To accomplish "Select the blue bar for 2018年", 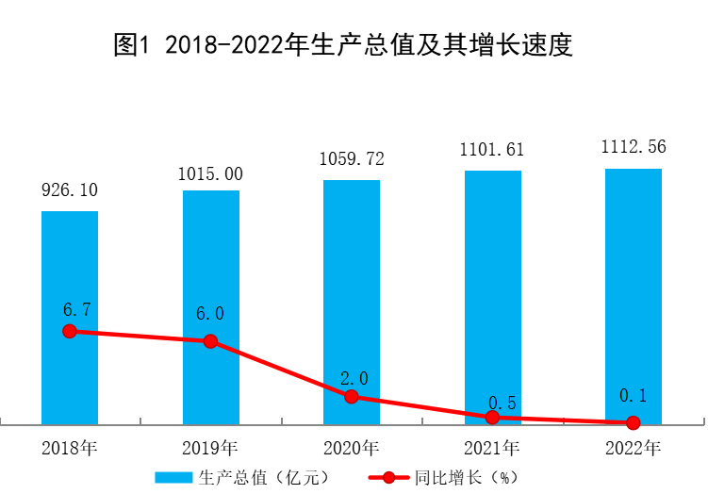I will pos(70,273).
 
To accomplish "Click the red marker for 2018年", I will pos(70,331).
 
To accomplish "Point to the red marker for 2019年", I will pos(210,340).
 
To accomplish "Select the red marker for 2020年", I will pos(352,397).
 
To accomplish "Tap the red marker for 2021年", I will pos(492,417).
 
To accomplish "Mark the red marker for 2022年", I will pos(633,422).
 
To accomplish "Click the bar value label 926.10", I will pos(70,190).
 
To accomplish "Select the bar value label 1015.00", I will pos(210,173).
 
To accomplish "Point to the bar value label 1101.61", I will pos(492,149).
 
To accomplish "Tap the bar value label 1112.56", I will pos(633,146).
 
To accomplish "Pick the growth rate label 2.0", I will pos(354,378).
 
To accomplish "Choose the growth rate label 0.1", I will pos(633,396).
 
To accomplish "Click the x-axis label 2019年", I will pos(210,446).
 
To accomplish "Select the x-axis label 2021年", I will pos(492,446).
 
